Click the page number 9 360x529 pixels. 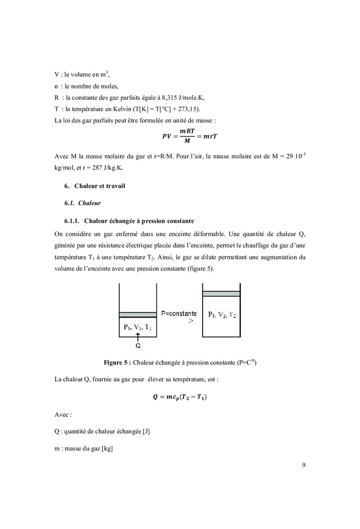click(303, 465)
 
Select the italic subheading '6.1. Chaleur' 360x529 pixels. click(82, 203)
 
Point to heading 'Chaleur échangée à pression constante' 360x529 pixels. click(139, 221)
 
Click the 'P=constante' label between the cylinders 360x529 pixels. click(178, 313)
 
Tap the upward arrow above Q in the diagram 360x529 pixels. click(138, 336)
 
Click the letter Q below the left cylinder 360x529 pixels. click(138, 346)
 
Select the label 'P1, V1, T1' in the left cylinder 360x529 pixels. click(137, 326)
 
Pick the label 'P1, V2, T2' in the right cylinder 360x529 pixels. click(222, 314)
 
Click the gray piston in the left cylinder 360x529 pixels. click(137, 314)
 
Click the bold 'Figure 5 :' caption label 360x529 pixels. click(118, 363)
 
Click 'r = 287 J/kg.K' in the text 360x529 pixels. click(96, 168)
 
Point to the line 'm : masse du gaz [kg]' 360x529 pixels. click(83, 449)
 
